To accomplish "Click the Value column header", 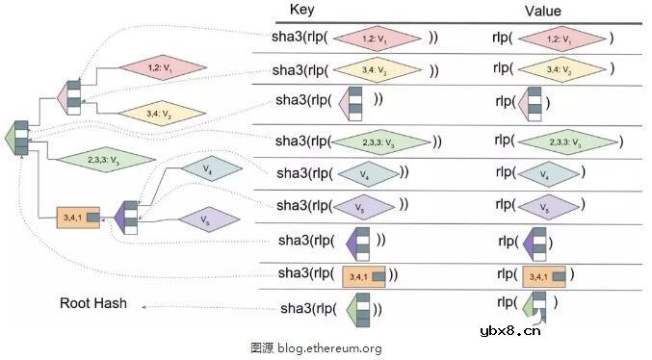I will (x=542, y=11).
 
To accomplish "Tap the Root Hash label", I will (x=93, y=303).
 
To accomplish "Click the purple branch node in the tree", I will (x=125, y=216).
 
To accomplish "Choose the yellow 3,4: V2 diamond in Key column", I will (x=378, y=69).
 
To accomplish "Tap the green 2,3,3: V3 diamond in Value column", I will (x=567, y=141).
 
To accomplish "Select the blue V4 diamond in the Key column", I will (x=366, y=173).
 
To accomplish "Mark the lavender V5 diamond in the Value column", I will (x=549, y=206).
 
